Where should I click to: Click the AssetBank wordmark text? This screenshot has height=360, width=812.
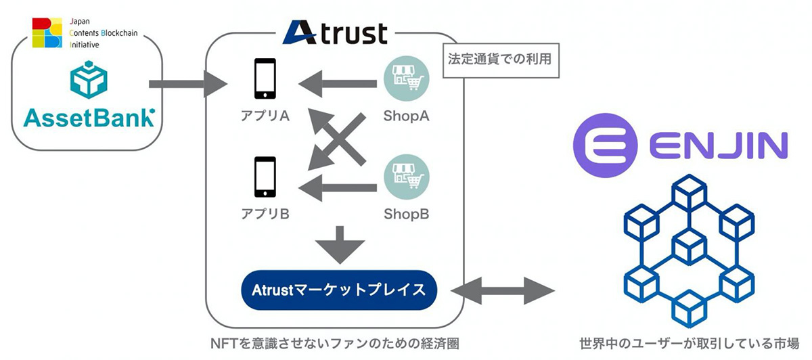coord(89,118)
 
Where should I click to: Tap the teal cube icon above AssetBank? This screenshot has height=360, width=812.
coord(89,80)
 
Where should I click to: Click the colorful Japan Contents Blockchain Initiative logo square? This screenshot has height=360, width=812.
coord(47,32)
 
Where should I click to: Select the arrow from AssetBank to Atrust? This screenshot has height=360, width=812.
coord(188,84)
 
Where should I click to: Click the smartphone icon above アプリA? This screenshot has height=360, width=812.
coord(265,78)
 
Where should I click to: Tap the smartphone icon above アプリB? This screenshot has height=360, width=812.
coord(265,177)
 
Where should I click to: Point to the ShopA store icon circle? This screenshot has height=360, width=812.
coord(407,78)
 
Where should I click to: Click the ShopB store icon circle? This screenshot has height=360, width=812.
coord(407,177)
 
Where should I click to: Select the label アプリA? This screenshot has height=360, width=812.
coord(265,116)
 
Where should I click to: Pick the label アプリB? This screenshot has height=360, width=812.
coord(265,214)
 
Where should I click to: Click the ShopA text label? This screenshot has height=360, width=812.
coord(407,116)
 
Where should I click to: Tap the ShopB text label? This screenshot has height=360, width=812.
coord(407,214)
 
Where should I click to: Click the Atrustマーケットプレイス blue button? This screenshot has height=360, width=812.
coord(339,290)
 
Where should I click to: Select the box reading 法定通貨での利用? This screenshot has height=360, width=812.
coord(501,60)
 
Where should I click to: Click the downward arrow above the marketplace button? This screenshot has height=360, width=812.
coord(340,245)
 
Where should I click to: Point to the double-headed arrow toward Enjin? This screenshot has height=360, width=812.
coord(503,290)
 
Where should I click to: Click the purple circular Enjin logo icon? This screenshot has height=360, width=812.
coord(605,145)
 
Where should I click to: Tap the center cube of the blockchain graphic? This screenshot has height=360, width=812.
coord(689,247)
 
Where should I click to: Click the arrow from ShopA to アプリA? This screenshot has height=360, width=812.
coord(338,84)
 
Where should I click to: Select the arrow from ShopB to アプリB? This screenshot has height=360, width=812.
coord(338,188)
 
